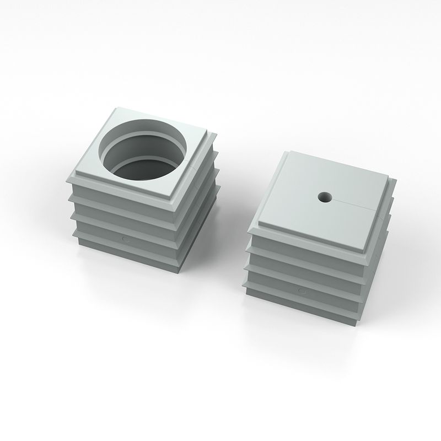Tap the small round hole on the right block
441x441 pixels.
[x=324, y=196]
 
